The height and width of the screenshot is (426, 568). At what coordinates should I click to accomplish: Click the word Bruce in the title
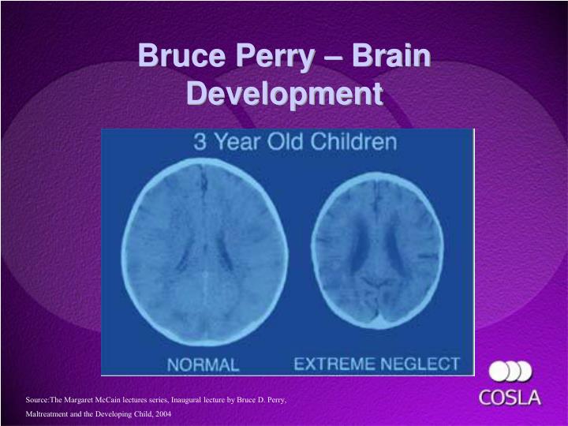(x=176, y=58)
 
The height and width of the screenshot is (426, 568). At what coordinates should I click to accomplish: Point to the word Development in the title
(x=284, y=93)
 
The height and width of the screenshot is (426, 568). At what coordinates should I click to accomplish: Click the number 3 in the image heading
(x=200, y=144)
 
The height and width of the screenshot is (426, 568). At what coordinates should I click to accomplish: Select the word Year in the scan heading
(x=237, y=144)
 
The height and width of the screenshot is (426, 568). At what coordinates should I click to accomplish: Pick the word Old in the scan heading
(x=290, y=144)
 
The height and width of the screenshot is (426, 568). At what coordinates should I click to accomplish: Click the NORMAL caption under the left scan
(x=203, y=365)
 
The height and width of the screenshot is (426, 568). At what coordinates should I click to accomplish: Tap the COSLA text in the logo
(x=510, y=397)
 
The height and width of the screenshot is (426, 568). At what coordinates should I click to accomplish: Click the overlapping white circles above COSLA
(x=510, y=371)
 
